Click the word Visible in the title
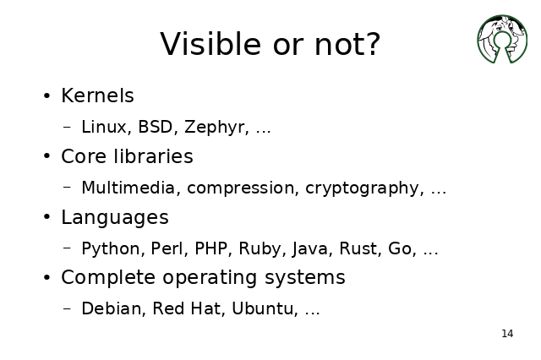pos(210,44)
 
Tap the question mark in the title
pos(374,44)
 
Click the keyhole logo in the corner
pos(502,39)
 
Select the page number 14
pos(507,334)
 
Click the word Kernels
pos(97,95)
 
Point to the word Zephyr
pos(216,127)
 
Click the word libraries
pos(153,156)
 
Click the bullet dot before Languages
pos(47,217)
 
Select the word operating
pos(210,278)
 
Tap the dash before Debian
pos(68,308)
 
